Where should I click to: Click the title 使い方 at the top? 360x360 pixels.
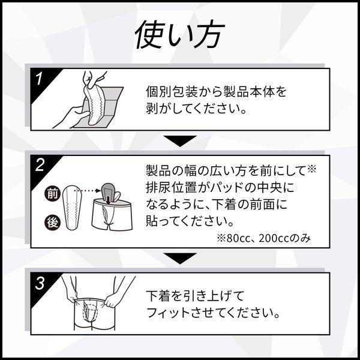tap(179, 34)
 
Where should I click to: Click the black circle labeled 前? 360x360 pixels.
tap(52, 194)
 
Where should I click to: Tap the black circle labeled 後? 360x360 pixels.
tap(52, 223)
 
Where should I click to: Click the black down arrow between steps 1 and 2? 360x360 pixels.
tap(180, 141)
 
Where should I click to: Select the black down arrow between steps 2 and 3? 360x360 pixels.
tap(180, 258)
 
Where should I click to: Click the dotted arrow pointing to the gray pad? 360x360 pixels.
tap(88, 191)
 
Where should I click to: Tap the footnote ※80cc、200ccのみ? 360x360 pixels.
tap(263, 239)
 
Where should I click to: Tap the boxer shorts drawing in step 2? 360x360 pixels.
tap(112, 215)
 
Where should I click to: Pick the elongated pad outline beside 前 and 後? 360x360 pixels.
tap(73, 208)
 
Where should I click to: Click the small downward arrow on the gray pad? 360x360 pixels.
tap(108, 199)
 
